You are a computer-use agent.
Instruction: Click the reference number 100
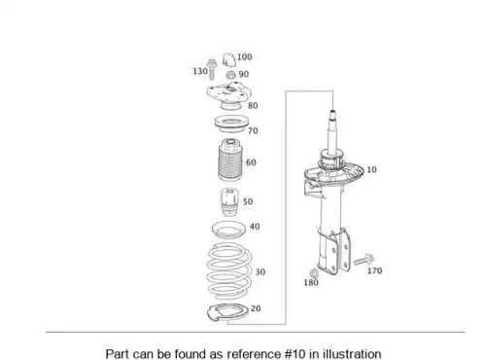pos(244,57)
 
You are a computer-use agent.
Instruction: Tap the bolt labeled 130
pos(211,69)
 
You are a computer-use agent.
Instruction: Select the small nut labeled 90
pos(230,76)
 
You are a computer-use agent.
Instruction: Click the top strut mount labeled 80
pos(229,96)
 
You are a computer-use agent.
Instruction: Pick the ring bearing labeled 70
pos(231,124)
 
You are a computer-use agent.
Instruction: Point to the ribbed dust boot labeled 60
pos(230,160)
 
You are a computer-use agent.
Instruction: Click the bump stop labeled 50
pos(229,202)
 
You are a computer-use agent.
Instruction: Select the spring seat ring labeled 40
pos(228,230)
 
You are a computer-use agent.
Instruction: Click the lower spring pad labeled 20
pos(226,312)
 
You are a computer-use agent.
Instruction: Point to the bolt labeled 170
pos(364,260)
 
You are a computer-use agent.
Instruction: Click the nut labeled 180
pos(314,272)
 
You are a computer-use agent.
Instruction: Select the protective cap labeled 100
pos(229,59)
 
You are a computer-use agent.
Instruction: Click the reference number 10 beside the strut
pos(371,169)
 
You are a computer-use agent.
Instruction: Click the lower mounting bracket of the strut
pos(333,251)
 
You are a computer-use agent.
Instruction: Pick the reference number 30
pos(260,271)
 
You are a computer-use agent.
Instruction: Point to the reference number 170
pos(374,270)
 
